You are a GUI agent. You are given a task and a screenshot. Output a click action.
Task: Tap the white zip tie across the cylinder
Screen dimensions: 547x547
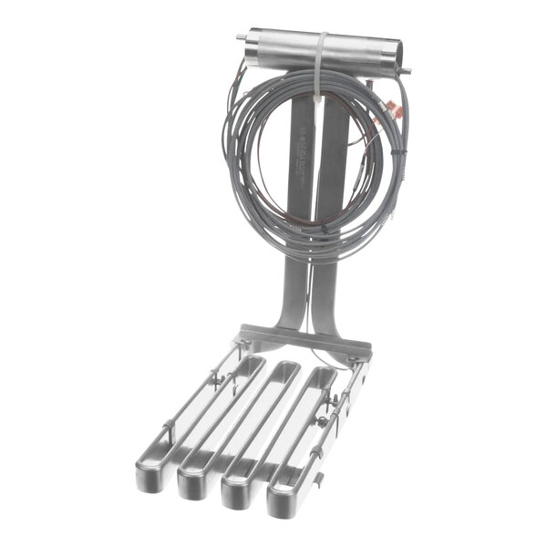[x=322, y=55]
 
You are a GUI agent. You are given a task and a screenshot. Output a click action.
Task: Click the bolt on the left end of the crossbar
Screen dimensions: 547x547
[x=243, y=342]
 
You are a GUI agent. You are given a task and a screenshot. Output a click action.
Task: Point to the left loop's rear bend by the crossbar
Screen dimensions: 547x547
[x=251, y=364]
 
